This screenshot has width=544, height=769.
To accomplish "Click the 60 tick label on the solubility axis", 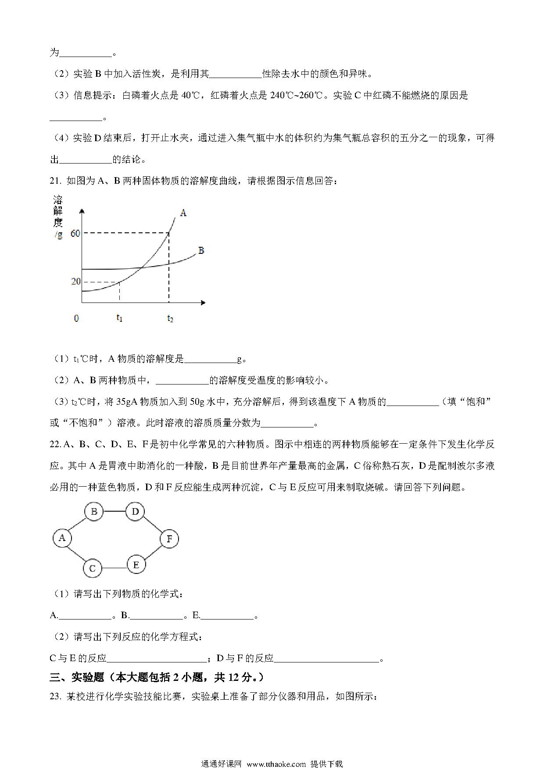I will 75,233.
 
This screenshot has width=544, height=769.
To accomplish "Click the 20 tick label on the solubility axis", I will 75,281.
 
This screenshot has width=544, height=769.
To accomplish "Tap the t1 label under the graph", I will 119,318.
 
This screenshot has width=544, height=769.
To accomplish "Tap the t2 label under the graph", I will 170,318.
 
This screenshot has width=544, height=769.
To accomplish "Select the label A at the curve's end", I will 183,213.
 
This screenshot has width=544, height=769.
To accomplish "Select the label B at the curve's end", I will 201,251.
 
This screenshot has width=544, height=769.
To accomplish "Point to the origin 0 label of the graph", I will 76,318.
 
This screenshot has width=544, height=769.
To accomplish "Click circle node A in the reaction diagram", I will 62,538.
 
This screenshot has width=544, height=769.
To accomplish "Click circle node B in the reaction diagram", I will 93,512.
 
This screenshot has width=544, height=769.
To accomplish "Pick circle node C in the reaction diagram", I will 93,569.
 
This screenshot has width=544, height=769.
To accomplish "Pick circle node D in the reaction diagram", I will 135,512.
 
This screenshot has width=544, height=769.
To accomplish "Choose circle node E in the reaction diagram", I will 136,565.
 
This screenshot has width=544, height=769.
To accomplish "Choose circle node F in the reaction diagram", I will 169,539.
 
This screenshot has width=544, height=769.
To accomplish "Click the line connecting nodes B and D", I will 114,512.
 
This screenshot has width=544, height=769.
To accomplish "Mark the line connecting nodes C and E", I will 114,568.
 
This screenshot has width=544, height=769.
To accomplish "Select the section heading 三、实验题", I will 77,677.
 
